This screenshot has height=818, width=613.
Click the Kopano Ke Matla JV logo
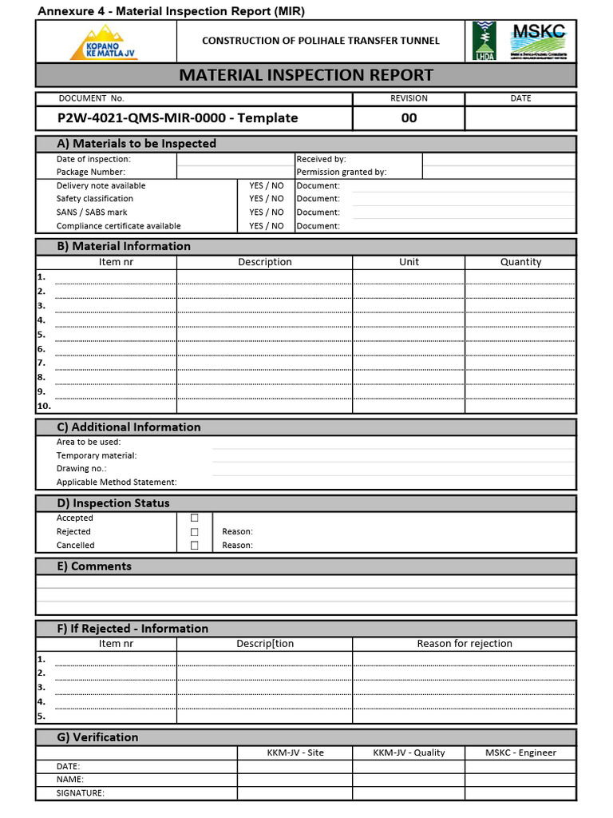click(x=105, y=42)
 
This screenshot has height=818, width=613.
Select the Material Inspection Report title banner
click(x=306, y=75)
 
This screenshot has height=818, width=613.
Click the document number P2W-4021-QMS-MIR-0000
click(x=177, y=118)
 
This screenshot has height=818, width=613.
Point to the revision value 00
click(x=409, y=118)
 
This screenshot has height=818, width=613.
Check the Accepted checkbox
click(x=194, y=518)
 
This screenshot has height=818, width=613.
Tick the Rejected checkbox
click(x=194, y=532)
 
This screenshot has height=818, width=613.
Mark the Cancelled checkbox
click(x=194, y=546)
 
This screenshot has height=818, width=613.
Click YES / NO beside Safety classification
click(x=266, y=199)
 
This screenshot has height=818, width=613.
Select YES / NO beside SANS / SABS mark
click(x=266, y=212)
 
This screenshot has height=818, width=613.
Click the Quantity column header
click(x=520, y=262)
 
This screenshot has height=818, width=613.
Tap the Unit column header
click(x=409, y=262)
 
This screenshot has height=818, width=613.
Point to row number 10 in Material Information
click(x=44, y=407)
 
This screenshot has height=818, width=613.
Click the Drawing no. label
click(x=81, y=469)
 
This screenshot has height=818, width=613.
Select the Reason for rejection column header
click(x=465, y=644)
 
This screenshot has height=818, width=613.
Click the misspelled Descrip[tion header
click(x=265, y=644)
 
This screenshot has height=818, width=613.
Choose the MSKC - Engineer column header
click(x=520, y=752)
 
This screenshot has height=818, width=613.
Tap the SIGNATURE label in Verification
click(x=81, y=793)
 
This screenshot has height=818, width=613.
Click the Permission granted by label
click(x=341, y=172)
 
